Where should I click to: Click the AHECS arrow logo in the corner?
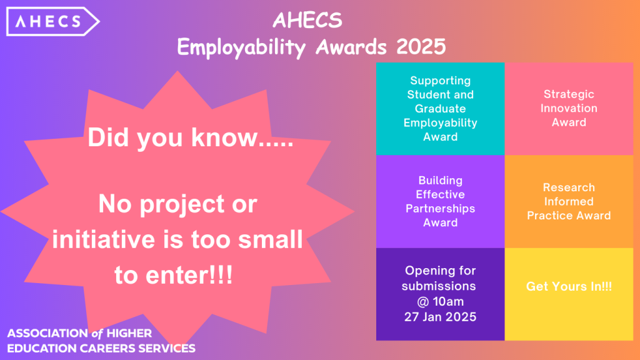(52, 21)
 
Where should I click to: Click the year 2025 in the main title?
(421, 46)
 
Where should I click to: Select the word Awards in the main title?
(351, 46)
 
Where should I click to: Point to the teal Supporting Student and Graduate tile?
(441, 109)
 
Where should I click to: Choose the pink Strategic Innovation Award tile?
(569, 109)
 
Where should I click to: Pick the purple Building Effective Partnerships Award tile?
(441, 202)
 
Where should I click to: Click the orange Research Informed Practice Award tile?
(569, 202)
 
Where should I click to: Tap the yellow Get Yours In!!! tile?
(569, 294)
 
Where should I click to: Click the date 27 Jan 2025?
(441, 317)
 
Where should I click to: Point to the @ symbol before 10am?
(423, 302)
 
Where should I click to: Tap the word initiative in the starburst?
(104, 239)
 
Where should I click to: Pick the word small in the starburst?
(270, 239)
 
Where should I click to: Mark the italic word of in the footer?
(97, 334)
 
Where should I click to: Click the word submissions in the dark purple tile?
(439, 286)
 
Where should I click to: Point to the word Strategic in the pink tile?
(569, 94)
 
